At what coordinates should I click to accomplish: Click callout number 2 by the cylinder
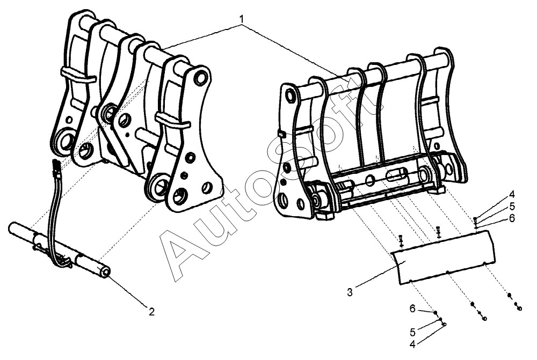point(151,311)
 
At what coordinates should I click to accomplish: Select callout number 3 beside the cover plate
point(350,292)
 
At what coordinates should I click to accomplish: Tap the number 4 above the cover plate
point(512,194)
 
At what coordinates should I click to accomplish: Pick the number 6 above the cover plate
point(512,218)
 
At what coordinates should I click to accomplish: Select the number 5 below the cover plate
point(412,331)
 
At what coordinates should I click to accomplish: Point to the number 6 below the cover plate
point(412,308)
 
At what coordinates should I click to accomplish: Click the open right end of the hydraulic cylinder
point(105,273)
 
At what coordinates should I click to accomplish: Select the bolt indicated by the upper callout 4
point(476,219)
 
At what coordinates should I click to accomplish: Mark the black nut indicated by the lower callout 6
point(436,312)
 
